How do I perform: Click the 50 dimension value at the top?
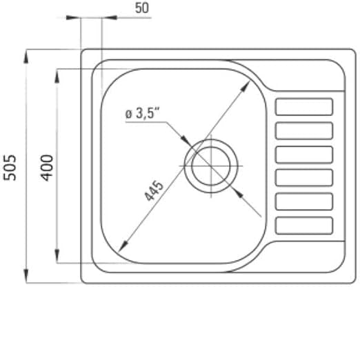pos(142,8)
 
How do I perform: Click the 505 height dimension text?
pos(10,167)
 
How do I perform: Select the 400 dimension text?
pos(46,167)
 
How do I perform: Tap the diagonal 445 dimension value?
pos(154,191)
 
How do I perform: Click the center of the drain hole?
pos(211,166)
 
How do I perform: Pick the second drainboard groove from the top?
pos(303,130)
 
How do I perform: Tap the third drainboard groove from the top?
pos(303,154)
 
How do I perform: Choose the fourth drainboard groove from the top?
pos(303,177)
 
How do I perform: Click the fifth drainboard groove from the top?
pos(303,201)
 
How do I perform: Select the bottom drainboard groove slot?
pos(303,224)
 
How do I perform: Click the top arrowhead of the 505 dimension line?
pos(26,54)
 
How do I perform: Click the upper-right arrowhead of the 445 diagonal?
pos(246,86)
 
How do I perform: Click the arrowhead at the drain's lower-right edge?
pos(237,191)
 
